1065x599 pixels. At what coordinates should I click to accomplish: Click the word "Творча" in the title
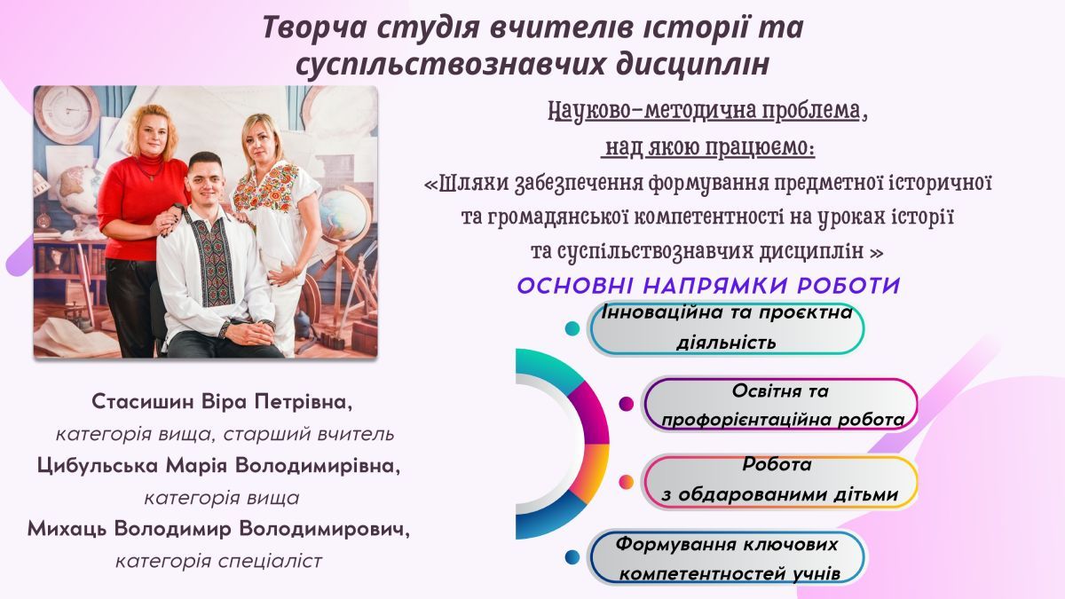(x=314, y=28)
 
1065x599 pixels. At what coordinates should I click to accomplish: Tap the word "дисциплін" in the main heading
(x=693, y=65)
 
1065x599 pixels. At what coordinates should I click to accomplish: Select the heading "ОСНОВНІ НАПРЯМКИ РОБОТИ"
(x=708, y=286)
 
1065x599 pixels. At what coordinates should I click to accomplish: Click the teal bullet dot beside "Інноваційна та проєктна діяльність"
(x=572, y=328)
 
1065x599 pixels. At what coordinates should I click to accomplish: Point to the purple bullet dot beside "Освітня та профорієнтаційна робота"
(x=627, y=404)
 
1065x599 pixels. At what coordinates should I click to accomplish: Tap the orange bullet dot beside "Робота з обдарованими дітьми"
(x=627, y=482)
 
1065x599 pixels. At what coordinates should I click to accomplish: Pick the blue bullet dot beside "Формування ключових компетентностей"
(x=572, y=556)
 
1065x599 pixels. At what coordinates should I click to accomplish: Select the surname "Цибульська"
(x=98, y=465)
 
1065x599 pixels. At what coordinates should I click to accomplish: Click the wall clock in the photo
(x=67, y=114)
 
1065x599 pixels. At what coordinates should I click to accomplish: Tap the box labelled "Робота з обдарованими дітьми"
(x=779, y=482)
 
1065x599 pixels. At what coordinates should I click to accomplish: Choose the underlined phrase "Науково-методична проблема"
(x=704, y=112)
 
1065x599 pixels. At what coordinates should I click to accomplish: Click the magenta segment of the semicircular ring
(x=592, y=414)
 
